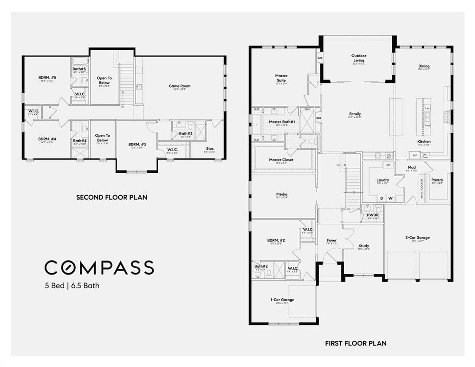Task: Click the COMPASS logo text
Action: click(x=99, y=267)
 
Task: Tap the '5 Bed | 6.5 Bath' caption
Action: click(x=71, y=286)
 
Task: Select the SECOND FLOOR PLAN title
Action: click(x=112, y=197)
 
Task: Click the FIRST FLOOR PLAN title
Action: click(x=356, y=344)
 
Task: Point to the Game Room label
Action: click(x=180, y=86)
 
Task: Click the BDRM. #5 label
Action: click(x=47, y=78)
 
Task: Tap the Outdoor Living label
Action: click(x=359, y=58)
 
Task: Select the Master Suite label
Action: click(x=281, y=78)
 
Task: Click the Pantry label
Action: click(x=437, y=180)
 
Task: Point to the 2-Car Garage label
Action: click(x=417, y=237)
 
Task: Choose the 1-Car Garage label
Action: click(x=282, y=300)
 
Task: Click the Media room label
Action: click(x=282, y=194)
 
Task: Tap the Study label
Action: click(x=364, y=246)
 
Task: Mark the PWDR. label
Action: click(x=373, y=215)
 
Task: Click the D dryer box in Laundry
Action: click(x=381, y=199)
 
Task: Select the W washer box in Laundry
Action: click(x=390, y=199)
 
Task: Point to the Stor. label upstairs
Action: click(x=210, y=149)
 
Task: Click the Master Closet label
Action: click(x=281, y=160)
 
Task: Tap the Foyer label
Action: click(x=331, y=240)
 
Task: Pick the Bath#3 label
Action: click(x=186, y=133)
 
